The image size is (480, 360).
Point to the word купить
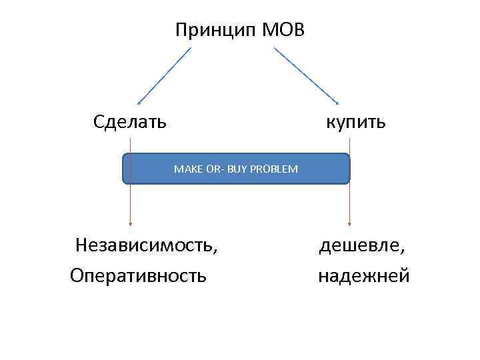(x=355, y=122)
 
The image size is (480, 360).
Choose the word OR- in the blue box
(x=213, y=169)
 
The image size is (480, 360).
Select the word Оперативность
(x=138, y=275)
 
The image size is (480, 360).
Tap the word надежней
(x=364, y=275)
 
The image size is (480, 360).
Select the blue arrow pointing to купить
(x=307, y=76)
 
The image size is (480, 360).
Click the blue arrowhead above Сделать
(x=139, y=103)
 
